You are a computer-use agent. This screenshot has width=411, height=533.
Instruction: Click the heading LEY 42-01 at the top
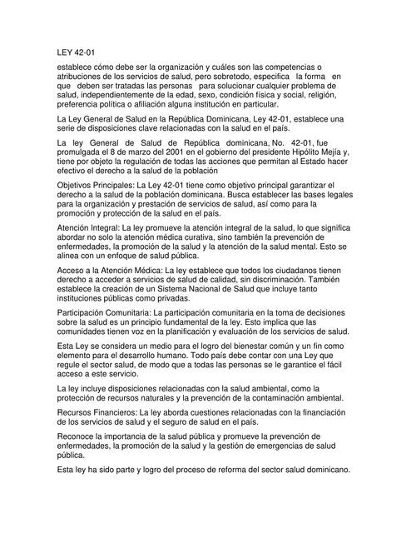click(72, 51)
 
